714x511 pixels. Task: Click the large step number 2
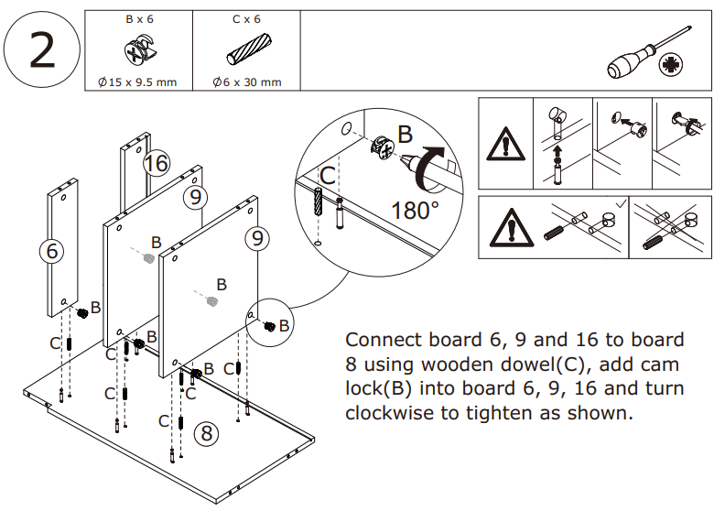point(41,50)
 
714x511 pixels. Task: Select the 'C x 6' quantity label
point(247,18)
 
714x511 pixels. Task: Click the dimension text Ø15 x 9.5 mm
point(137,82)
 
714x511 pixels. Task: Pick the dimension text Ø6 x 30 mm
point(247,82)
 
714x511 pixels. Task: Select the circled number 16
point(157,163)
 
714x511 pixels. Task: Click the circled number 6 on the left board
point(54,250)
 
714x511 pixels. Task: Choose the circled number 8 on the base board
point(207,432)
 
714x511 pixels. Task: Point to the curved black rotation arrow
point(427,166)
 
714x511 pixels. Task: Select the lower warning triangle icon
point(505,228)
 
